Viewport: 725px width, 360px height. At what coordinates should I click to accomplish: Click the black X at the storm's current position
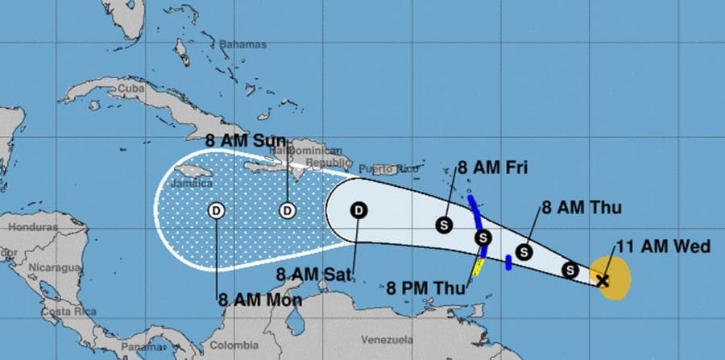click(602, 280)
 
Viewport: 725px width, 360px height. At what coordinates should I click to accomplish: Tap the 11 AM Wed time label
click(663, 246)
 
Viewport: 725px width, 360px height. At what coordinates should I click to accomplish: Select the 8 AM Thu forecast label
click(582, 208)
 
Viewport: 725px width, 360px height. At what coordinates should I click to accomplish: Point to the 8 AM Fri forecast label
click(491, 168)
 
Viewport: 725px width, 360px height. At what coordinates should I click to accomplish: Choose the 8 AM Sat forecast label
click(314, 275)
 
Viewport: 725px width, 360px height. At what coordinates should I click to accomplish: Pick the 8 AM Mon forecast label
click(259, 300)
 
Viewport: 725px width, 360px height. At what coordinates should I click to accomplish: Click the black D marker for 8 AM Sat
click(359, 211)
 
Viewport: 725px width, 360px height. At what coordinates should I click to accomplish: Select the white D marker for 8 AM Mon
click(217, 211)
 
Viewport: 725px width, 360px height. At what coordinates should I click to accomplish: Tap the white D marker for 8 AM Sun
click(288, 211)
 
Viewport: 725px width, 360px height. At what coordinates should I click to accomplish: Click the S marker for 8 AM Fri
click(444, 226)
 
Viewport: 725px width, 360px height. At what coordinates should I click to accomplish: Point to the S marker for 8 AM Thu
click(524, 252)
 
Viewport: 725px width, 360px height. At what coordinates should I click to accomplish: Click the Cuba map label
click(130, 87)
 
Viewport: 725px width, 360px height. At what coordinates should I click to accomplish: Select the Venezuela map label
click(387, 339)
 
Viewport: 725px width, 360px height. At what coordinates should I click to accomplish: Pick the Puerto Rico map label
click(379, 168)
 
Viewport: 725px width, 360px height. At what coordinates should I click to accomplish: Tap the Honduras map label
click(32, 227)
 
